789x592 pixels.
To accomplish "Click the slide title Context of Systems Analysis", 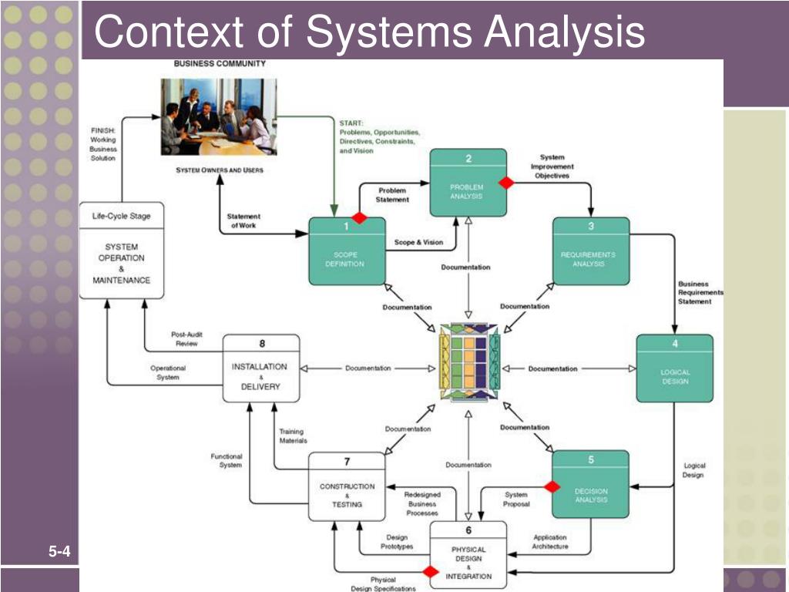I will (369, 32).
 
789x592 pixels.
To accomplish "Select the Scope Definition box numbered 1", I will (346, 254).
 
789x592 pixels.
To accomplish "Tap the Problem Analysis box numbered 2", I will (468, 183).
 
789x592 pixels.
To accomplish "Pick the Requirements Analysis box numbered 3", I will (590, 254).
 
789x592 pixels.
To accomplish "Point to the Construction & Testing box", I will (347, 486).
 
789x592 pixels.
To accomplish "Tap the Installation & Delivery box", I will (260, 368).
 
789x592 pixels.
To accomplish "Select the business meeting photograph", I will (218, 116).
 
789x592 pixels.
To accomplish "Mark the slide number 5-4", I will (59, 551).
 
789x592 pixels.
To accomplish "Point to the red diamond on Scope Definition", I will (359, 218).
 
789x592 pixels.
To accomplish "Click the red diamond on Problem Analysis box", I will (506, 183).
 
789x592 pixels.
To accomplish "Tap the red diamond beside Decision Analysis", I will (552, 486).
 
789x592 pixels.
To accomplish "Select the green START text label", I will (378, 136).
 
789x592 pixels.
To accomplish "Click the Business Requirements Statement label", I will (700, 293).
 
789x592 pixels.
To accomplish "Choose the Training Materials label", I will (292, 436).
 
